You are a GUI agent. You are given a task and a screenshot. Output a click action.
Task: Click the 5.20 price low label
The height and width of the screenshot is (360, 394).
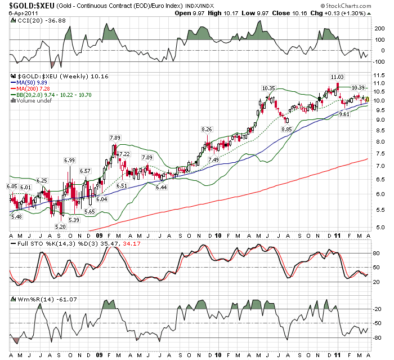[61, 226]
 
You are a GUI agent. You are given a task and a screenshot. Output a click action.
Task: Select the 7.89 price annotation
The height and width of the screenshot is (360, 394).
[115, 138]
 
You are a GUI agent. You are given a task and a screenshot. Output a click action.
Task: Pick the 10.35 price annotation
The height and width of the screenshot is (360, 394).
[268, 88]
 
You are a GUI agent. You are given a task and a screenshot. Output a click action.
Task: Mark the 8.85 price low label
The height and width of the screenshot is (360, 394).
[287, 129]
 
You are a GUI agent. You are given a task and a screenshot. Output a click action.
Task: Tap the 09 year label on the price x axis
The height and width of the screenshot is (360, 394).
[100, 235]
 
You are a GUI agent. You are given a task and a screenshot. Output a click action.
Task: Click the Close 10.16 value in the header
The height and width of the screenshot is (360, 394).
[306, 12]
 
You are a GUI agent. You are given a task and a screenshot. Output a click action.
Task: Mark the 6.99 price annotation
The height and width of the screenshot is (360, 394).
[69, 161]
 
